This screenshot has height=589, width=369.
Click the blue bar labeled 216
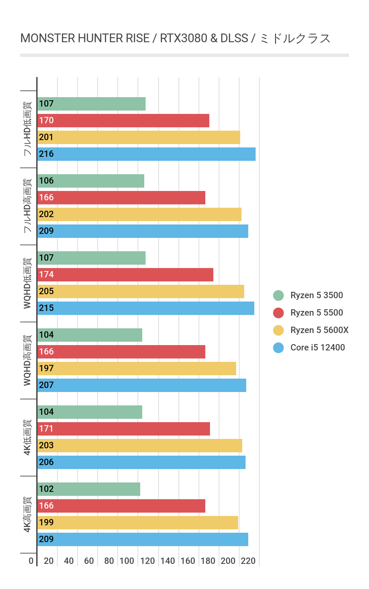coord(146,154)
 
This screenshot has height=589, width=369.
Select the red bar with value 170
coord(123,121)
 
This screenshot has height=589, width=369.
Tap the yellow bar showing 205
coord(141,291)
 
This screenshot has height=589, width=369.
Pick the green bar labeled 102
coord(89,489)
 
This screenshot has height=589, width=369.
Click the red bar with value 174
coord(125,275)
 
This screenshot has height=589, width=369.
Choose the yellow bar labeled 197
coord(137,369)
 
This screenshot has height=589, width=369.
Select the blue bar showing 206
coord(141,462)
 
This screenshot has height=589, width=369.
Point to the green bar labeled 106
coord(91,181)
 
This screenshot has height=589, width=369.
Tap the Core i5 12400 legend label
coord(317,348)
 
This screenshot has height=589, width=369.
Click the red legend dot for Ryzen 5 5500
coord(278,313)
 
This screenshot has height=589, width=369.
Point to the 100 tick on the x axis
coord(127,561)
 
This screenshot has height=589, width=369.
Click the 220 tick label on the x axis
coord(248,561)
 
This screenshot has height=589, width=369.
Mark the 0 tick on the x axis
coord(31,561)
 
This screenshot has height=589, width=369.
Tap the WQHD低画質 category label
coord(28,283)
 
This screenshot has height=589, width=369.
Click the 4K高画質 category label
coord(28,514)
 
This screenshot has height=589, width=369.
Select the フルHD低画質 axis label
coord(28,129)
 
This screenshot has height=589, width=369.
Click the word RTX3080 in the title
coord(183,39)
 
